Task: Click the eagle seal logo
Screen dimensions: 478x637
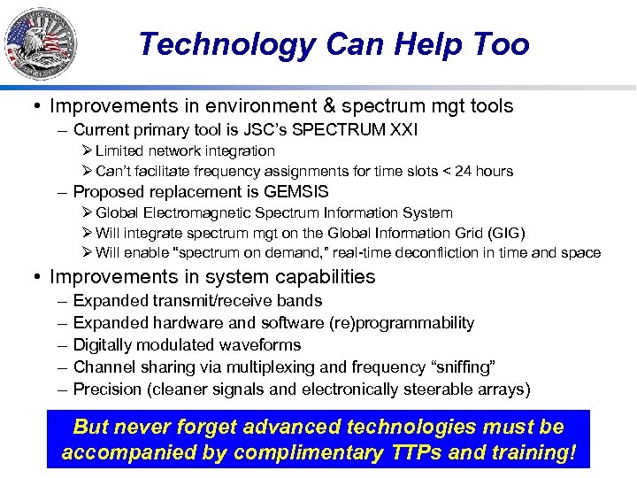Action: [x=41, y=43]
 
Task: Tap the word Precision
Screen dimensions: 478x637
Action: [x=107, y=389]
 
